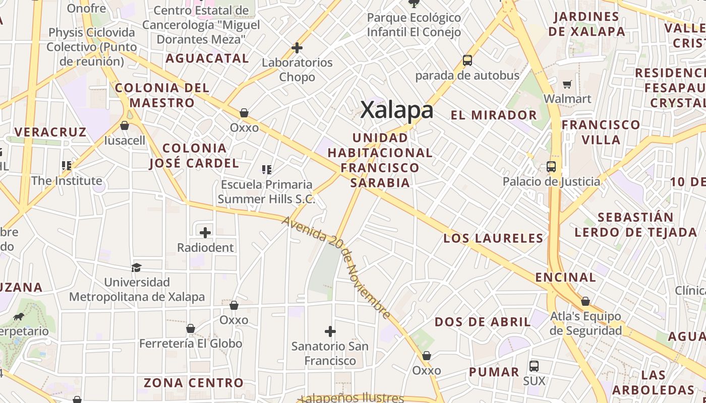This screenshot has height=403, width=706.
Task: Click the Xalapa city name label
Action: point(397,110)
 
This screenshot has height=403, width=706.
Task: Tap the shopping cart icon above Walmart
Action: point(567,84)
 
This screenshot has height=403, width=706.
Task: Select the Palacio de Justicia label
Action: point(551,181)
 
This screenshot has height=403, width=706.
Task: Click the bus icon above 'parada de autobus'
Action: point(467,60)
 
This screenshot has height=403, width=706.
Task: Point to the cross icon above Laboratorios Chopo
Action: point(297,48)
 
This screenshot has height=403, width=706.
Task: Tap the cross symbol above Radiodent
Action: point(205,233)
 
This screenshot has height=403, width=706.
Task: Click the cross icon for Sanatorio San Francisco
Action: point(330,331)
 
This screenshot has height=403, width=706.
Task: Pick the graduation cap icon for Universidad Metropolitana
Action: point(136,267)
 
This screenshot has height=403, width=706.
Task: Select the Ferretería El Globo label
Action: point(191,344)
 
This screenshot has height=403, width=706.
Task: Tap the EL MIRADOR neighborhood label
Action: point(494,115)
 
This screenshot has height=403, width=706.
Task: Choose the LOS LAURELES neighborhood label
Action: point(493,238)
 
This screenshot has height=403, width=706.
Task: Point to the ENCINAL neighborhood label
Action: point(565,277)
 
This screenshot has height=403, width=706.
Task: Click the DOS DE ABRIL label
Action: point(483,322)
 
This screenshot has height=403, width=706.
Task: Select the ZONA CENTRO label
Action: point(194,383)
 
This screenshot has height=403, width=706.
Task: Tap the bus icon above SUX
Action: point(534,366)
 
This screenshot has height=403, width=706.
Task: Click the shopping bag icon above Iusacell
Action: point(125,125)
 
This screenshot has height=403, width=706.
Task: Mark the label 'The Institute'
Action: point(67,180)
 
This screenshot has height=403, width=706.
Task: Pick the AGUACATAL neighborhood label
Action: point(207,58)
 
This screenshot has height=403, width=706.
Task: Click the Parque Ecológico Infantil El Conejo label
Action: point(414,25)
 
